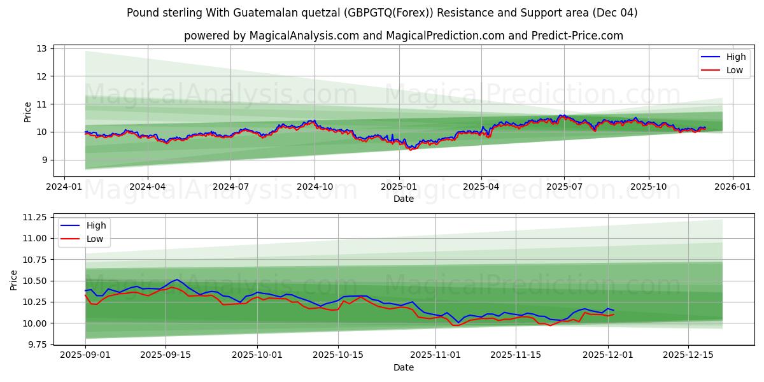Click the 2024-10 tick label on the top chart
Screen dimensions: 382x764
pyautogui.click(x=315, y=187)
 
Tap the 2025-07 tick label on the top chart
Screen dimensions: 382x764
pyautogui.click(x=564, y=187)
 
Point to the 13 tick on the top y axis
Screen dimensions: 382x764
pyautogui.click(x=42, y=48)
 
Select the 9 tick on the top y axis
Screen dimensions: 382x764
pyautogui.click(x=45, y=160)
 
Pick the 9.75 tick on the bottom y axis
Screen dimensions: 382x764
pyautogui.click(x=36, y=344)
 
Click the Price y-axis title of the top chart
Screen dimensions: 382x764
pyautogui.click(x=27, y=111)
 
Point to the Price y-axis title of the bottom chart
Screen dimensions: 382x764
pyautogui.click(x=13, y=279)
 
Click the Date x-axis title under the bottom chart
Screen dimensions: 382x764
pyautogui.click(x=404, y=367)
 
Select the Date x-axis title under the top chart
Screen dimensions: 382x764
pyautogui.click(x=404, y=199)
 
